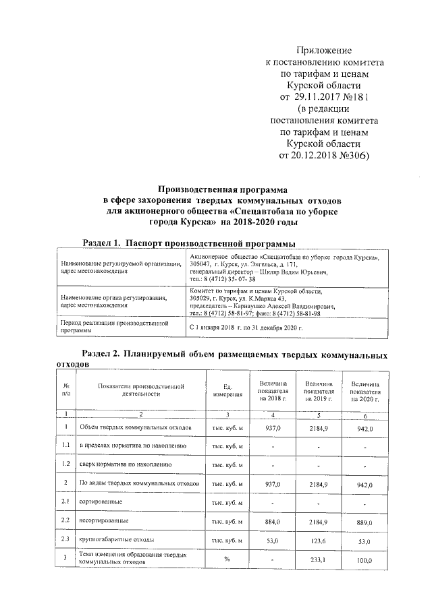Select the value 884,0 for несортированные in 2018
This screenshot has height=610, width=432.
pos(273,521)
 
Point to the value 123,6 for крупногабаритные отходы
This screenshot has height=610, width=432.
pos(319,540)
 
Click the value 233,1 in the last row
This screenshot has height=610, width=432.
pos(319,559)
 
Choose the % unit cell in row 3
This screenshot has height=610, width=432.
pos(227,559)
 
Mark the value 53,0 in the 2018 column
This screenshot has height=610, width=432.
pos(273,540)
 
